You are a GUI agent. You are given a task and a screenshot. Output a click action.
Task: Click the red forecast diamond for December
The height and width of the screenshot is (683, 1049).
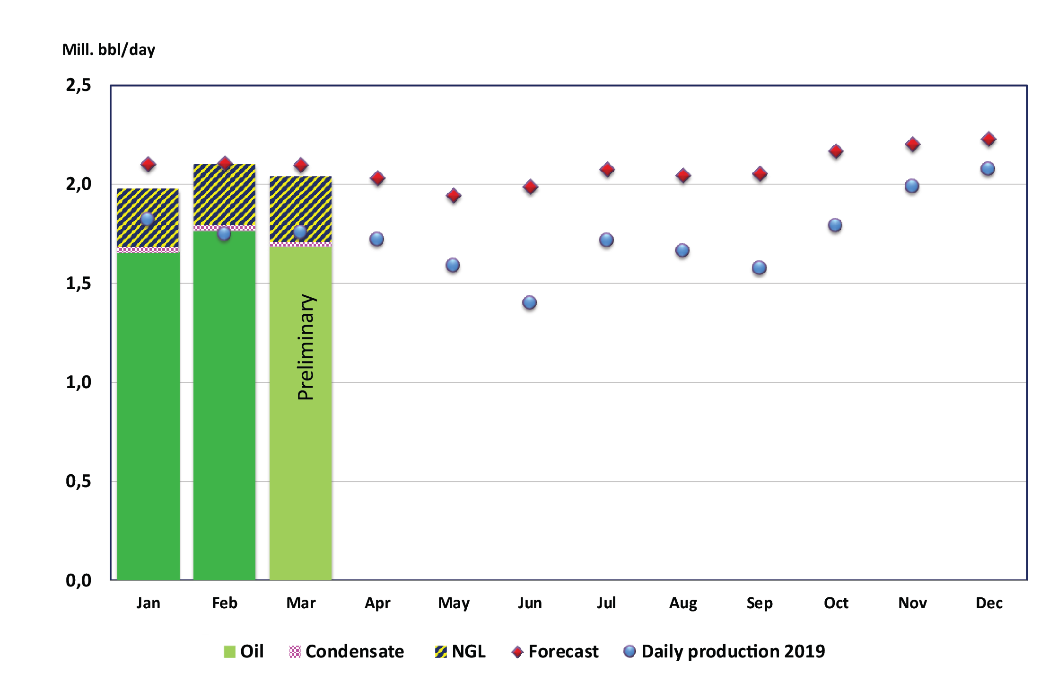click(x=988, y=139)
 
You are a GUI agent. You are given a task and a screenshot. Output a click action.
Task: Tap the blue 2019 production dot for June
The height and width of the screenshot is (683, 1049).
click(x=529, y=302)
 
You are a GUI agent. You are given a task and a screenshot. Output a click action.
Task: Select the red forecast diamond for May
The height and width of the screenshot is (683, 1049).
click(x=454, y=195)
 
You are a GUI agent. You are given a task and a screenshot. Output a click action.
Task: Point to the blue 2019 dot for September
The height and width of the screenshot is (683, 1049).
click(x=759, y=268)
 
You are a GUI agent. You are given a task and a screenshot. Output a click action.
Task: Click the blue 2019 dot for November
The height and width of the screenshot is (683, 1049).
click(x=912, y=186)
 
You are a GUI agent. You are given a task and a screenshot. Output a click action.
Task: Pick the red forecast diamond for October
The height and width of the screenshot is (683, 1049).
click(x=836, y=151)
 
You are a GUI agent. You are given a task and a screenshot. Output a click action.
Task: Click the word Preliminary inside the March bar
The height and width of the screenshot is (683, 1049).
click(x=306, y=347)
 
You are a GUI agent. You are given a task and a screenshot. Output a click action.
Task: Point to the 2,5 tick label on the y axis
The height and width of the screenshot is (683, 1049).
click(x=79, y=85)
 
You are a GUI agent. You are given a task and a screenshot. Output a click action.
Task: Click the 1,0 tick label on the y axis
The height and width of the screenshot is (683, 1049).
click(x=79, y=382)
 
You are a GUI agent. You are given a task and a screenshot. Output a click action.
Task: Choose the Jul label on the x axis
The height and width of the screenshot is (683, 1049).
click(x=606, y=603)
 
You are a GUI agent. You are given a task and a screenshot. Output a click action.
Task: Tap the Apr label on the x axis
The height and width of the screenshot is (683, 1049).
click(x=377, y=603)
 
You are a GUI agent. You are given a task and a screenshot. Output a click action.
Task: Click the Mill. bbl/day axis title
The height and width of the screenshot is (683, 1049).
click(x=108, y=49)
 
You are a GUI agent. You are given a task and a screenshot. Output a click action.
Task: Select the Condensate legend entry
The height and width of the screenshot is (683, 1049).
click(x=347, y=651)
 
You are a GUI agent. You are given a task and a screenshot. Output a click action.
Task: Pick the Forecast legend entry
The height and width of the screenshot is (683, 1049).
click(x=555, y=651)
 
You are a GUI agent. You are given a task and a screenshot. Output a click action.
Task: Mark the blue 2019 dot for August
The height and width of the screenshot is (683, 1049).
click(x=682, y=250)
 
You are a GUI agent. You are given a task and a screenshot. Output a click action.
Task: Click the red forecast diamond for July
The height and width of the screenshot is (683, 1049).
click(x=607, y=169)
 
